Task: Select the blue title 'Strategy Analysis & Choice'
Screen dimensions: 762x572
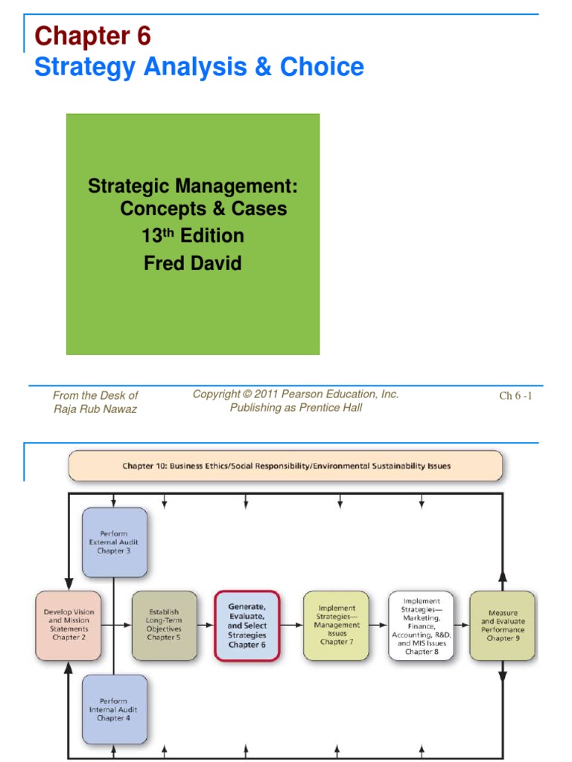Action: (200, 67)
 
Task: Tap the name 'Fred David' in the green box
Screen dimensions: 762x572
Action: (192, 263)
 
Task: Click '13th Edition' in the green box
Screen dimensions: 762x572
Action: (193, 236)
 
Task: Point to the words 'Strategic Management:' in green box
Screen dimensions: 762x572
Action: (193, 185)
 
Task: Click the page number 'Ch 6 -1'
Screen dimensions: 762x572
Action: (515, 396)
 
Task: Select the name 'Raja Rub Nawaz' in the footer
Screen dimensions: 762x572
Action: (95, 409)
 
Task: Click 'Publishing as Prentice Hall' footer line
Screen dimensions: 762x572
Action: (296, 408)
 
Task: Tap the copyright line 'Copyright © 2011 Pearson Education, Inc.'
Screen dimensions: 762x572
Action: (296, 394)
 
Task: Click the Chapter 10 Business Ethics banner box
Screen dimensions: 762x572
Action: (286, 467)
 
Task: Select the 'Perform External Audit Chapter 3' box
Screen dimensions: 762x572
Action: (114, 542)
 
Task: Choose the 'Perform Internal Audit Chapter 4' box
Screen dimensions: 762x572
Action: (114, 709)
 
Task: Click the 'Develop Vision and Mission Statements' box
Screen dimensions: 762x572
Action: (69, 626)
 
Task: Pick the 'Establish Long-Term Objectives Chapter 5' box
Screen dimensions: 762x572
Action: (165, 626)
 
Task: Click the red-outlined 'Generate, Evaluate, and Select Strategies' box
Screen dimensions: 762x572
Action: (247, 626)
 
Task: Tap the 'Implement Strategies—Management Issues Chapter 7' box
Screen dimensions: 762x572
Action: (336, 626)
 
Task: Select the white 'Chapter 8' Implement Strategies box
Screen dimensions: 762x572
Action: (421, 626)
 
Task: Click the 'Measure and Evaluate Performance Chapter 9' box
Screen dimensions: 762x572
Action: (502, 626)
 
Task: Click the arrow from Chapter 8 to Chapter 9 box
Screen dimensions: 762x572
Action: (461, 626)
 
